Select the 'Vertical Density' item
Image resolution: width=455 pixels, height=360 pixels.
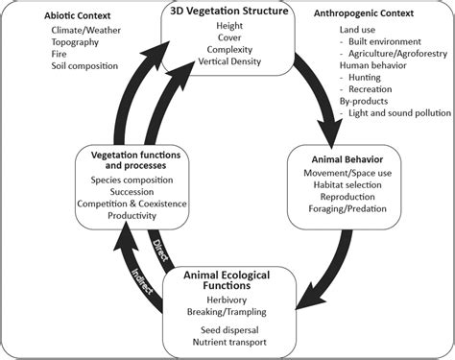coord(228,60)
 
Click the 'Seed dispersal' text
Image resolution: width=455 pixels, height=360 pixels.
coord(228,330)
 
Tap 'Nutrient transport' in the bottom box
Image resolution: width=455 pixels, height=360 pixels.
coord(228,343)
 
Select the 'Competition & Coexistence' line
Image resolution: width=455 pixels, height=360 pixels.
coord(132,205)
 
